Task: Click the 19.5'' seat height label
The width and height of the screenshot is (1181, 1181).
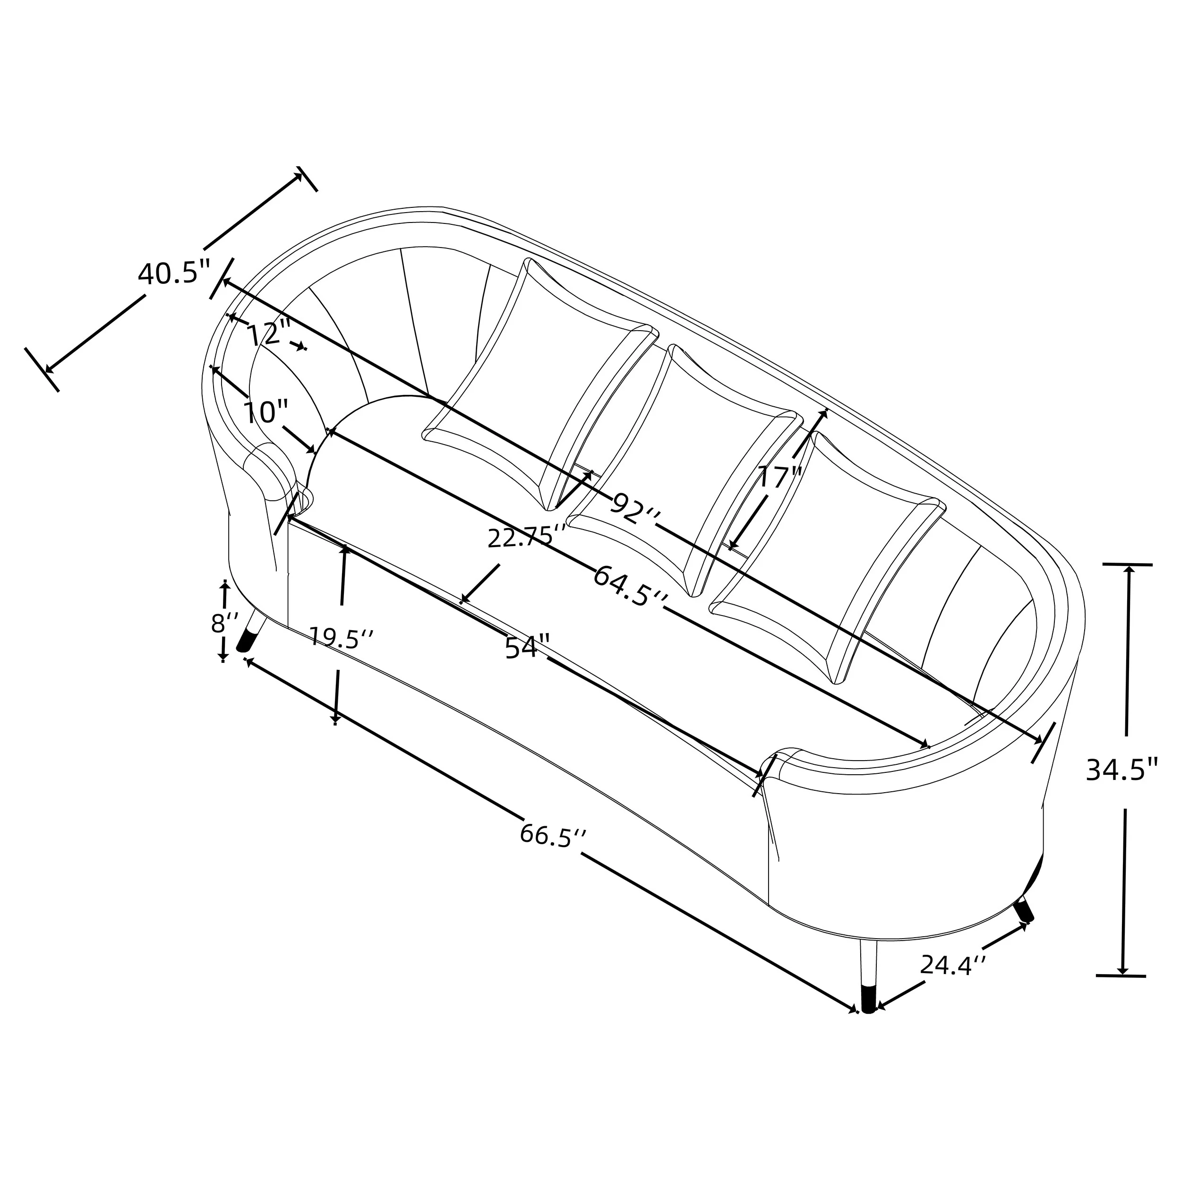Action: tap(339, 638)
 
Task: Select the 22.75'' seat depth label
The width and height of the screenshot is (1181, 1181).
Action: tap(526, 538)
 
